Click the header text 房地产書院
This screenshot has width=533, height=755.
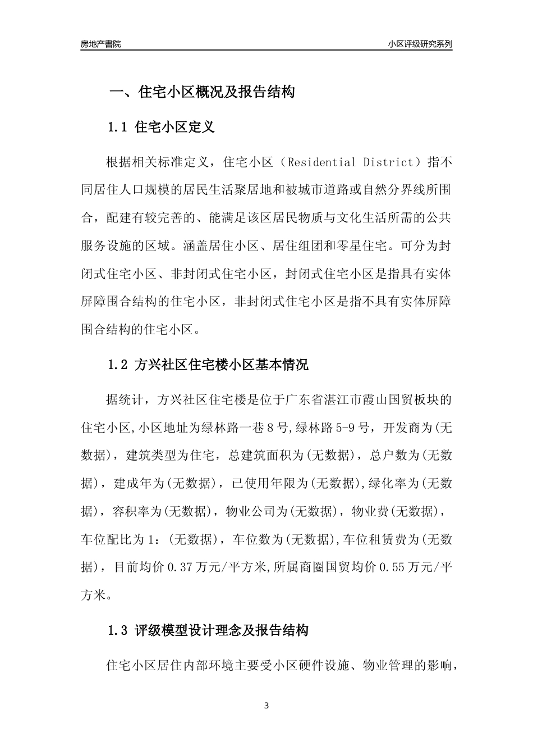coord(100,44)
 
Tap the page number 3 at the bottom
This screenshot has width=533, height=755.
coord(266,706)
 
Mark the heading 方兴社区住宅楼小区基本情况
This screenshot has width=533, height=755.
coord(222,365)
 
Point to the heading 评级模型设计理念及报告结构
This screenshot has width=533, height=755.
coord(222,630)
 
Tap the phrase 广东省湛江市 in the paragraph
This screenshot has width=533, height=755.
coord(316,399)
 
